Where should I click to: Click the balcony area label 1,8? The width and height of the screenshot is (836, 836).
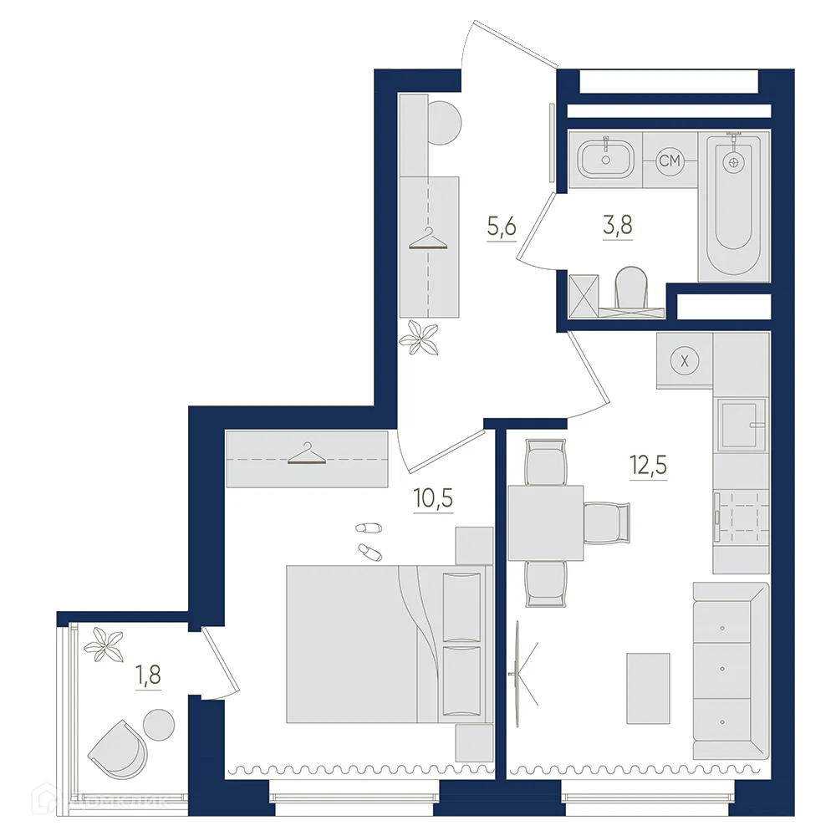tap(148, 673)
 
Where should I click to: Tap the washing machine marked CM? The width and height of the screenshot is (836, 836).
tap(669, 161)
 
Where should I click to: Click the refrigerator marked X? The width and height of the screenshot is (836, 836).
tap(685, 360)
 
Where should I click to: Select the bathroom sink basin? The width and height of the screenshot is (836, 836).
tap(605, 157)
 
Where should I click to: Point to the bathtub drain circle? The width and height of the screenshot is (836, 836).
tap(734, 163)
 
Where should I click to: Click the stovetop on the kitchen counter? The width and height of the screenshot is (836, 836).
tap(742, 518)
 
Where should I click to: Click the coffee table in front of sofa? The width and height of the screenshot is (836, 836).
tap(648, 688)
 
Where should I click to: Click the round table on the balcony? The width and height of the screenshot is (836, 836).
tap(158, 721)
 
